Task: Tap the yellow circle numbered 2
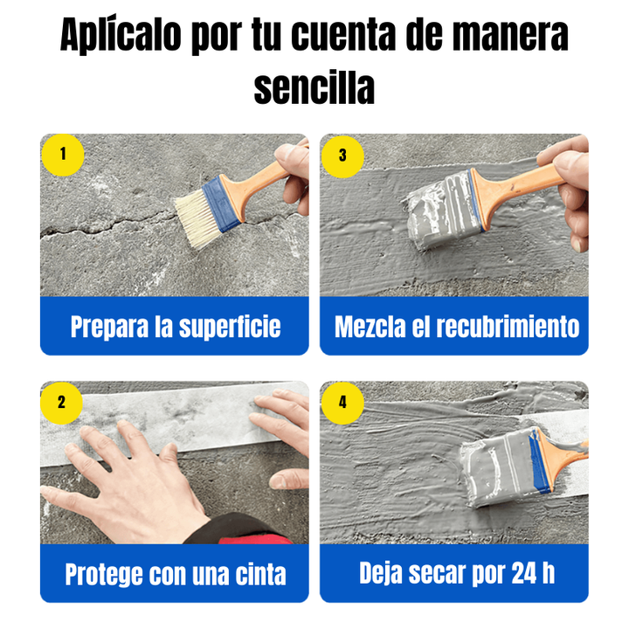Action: point(62,403)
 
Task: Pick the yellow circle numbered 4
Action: point(342,403)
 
